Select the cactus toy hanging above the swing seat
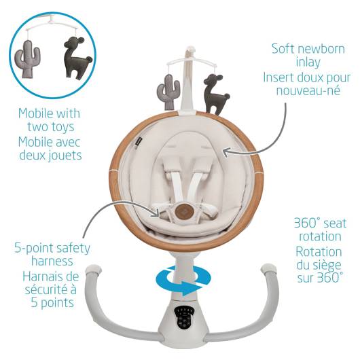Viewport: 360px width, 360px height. tap(168, 92)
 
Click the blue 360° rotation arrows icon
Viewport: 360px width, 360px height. tap(183, 281)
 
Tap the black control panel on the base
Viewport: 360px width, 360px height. tap(184, 317)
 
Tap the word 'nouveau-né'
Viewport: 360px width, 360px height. tap(308, 90)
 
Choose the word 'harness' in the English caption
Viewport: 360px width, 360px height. tap(52, 261)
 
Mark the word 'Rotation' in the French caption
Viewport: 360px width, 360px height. tap(319, 251)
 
